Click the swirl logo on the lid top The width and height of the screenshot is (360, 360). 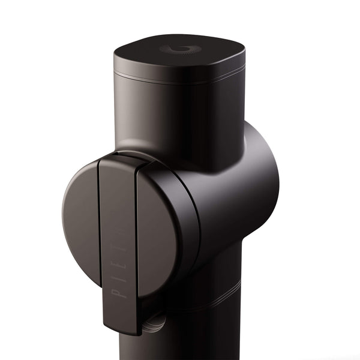coord(178,49)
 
